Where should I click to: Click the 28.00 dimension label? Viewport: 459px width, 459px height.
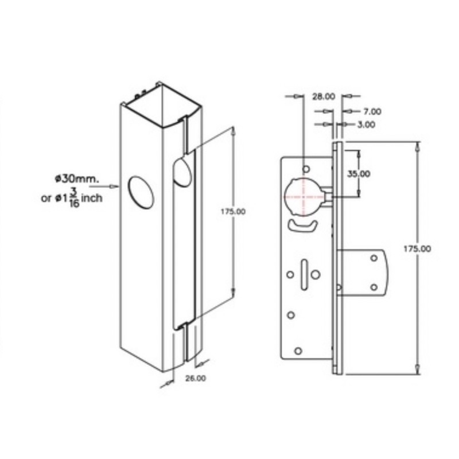(x=324, y=96)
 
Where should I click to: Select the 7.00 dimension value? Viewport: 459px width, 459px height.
(x=372, y=111)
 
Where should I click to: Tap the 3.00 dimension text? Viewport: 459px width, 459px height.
(x=366, y=125)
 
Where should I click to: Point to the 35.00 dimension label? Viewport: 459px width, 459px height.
(x=359, y=174)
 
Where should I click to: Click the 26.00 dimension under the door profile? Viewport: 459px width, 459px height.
(x=196, y=378)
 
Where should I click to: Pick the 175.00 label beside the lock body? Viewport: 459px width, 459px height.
(x=418, y=249)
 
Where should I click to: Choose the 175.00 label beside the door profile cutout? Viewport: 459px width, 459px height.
(x=233, y=212)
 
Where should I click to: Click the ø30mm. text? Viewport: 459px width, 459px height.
(x=77, y=178)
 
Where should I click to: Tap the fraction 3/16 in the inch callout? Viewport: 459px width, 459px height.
(x=74, y=197)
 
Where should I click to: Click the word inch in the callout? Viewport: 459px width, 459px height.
(x=92, y=198)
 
